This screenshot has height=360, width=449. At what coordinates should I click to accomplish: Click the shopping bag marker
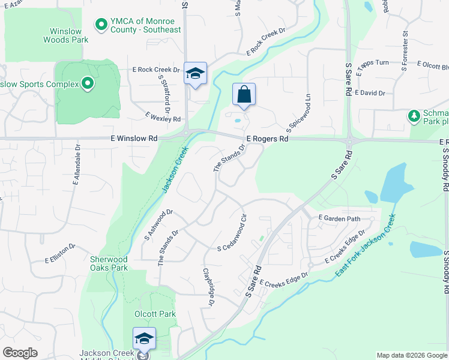coord(244,95)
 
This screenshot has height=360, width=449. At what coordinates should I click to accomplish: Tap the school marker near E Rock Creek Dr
coord(195,74)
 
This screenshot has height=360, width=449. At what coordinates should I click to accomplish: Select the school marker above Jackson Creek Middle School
coord(144,339)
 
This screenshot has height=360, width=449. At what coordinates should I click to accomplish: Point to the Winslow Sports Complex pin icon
coord(88,83)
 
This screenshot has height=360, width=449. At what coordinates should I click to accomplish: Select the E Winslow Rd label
coord(134,138)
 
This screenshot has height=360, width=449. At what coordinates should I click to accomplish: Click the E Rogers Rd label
coord(267,139)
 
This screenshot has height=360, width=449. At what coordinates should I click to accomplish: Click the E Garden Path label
coord(340,218)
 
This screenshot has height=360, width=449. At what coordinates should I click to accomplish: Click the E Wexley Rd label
coord(163,116)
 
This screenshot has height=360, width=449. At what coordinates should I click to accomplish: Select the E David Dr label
coord(370,93)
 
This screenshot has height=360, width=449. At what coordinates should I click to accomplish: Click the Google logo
coord(20,353)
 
